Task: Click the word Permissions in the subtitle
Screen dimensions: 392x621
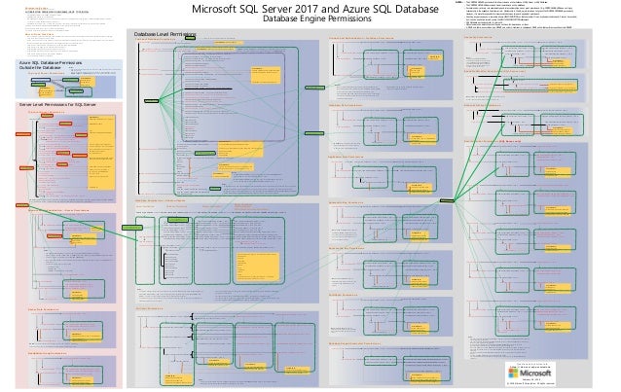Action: pos(354,20)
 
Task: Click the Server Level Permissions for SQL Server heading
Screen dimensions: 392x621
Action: pos(59,102)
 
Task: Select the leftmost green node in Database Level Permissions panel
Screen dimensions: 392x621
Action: pos(150,100)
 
